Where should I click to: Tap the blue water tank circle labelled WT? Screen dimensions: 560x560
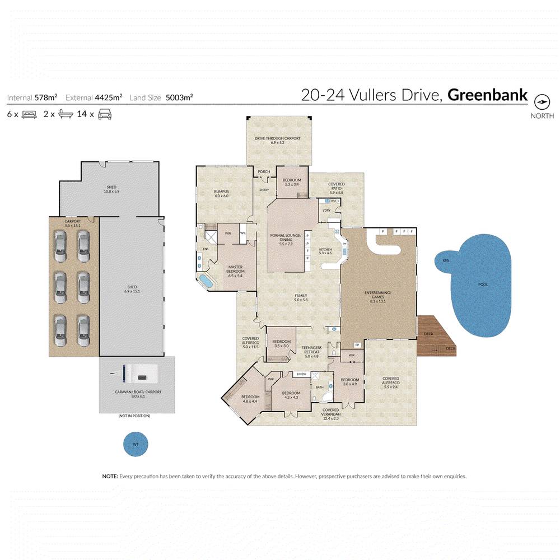tap(135, 445)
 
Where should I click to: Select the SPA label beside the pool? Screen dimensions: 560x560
tap(446, 260)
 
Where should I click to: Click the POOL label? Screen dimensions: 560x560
tap(483, 284)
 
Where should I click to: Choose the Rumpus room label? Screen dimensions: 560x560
tap(222, 194)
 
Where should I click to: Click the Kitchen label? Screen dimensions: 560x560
tap(325, 251)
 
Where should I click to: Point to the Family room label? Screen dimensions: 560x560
tap(301, 297)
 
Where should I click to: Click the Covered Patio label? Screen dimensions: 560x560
tap(336, 188)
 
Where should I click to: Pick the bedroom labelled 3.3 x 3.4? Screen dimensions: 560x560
tap(292, 182)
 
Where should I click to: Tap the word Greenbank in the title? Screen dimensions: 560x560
tap(487, 95)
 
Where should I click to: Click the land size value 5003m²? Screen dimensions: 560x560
tap(179, 97)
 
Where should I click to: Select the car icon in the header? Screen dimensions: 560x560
tap(104, 114)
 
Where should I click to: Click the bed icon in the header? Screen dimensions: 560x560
tap(29, 114)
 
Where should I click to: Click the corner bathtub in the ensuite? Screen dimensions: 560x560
tap(206, 282)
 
